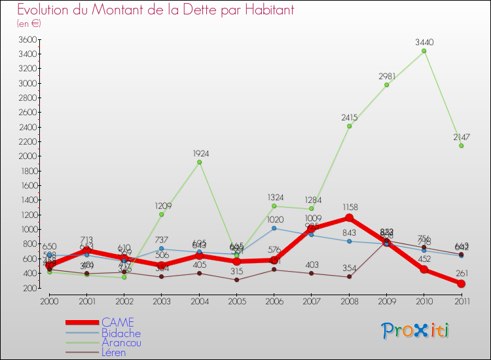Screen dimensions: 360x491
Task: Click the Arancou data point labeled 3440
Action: click(424, 50)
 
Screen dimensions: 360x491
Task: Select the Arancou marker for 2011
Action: click(462, 145)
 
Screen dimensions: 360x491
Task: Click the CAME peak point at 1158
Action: click(349, 217)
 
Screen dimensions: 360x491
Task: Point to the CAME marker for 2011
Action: click(462, 283)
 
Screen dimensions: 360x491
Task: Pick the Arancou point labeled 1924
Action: click(199, 162)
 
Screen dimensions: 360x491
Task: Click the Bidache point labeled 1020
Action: click(274, 228)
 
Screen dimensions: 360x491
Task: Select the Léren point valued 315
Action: click(236, 279)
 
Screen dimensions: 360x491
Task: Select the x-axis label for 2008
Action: click(349, 300)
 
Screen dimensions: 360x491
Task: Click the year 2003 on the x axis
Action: click(161, 300)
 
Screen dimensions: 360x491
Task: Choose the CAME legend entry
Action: click(118, 322)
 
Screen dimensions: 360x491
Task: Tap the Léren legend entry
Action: click(114, 352)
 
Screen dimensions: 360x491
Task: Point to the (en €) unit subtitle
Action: click(29, 24)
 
